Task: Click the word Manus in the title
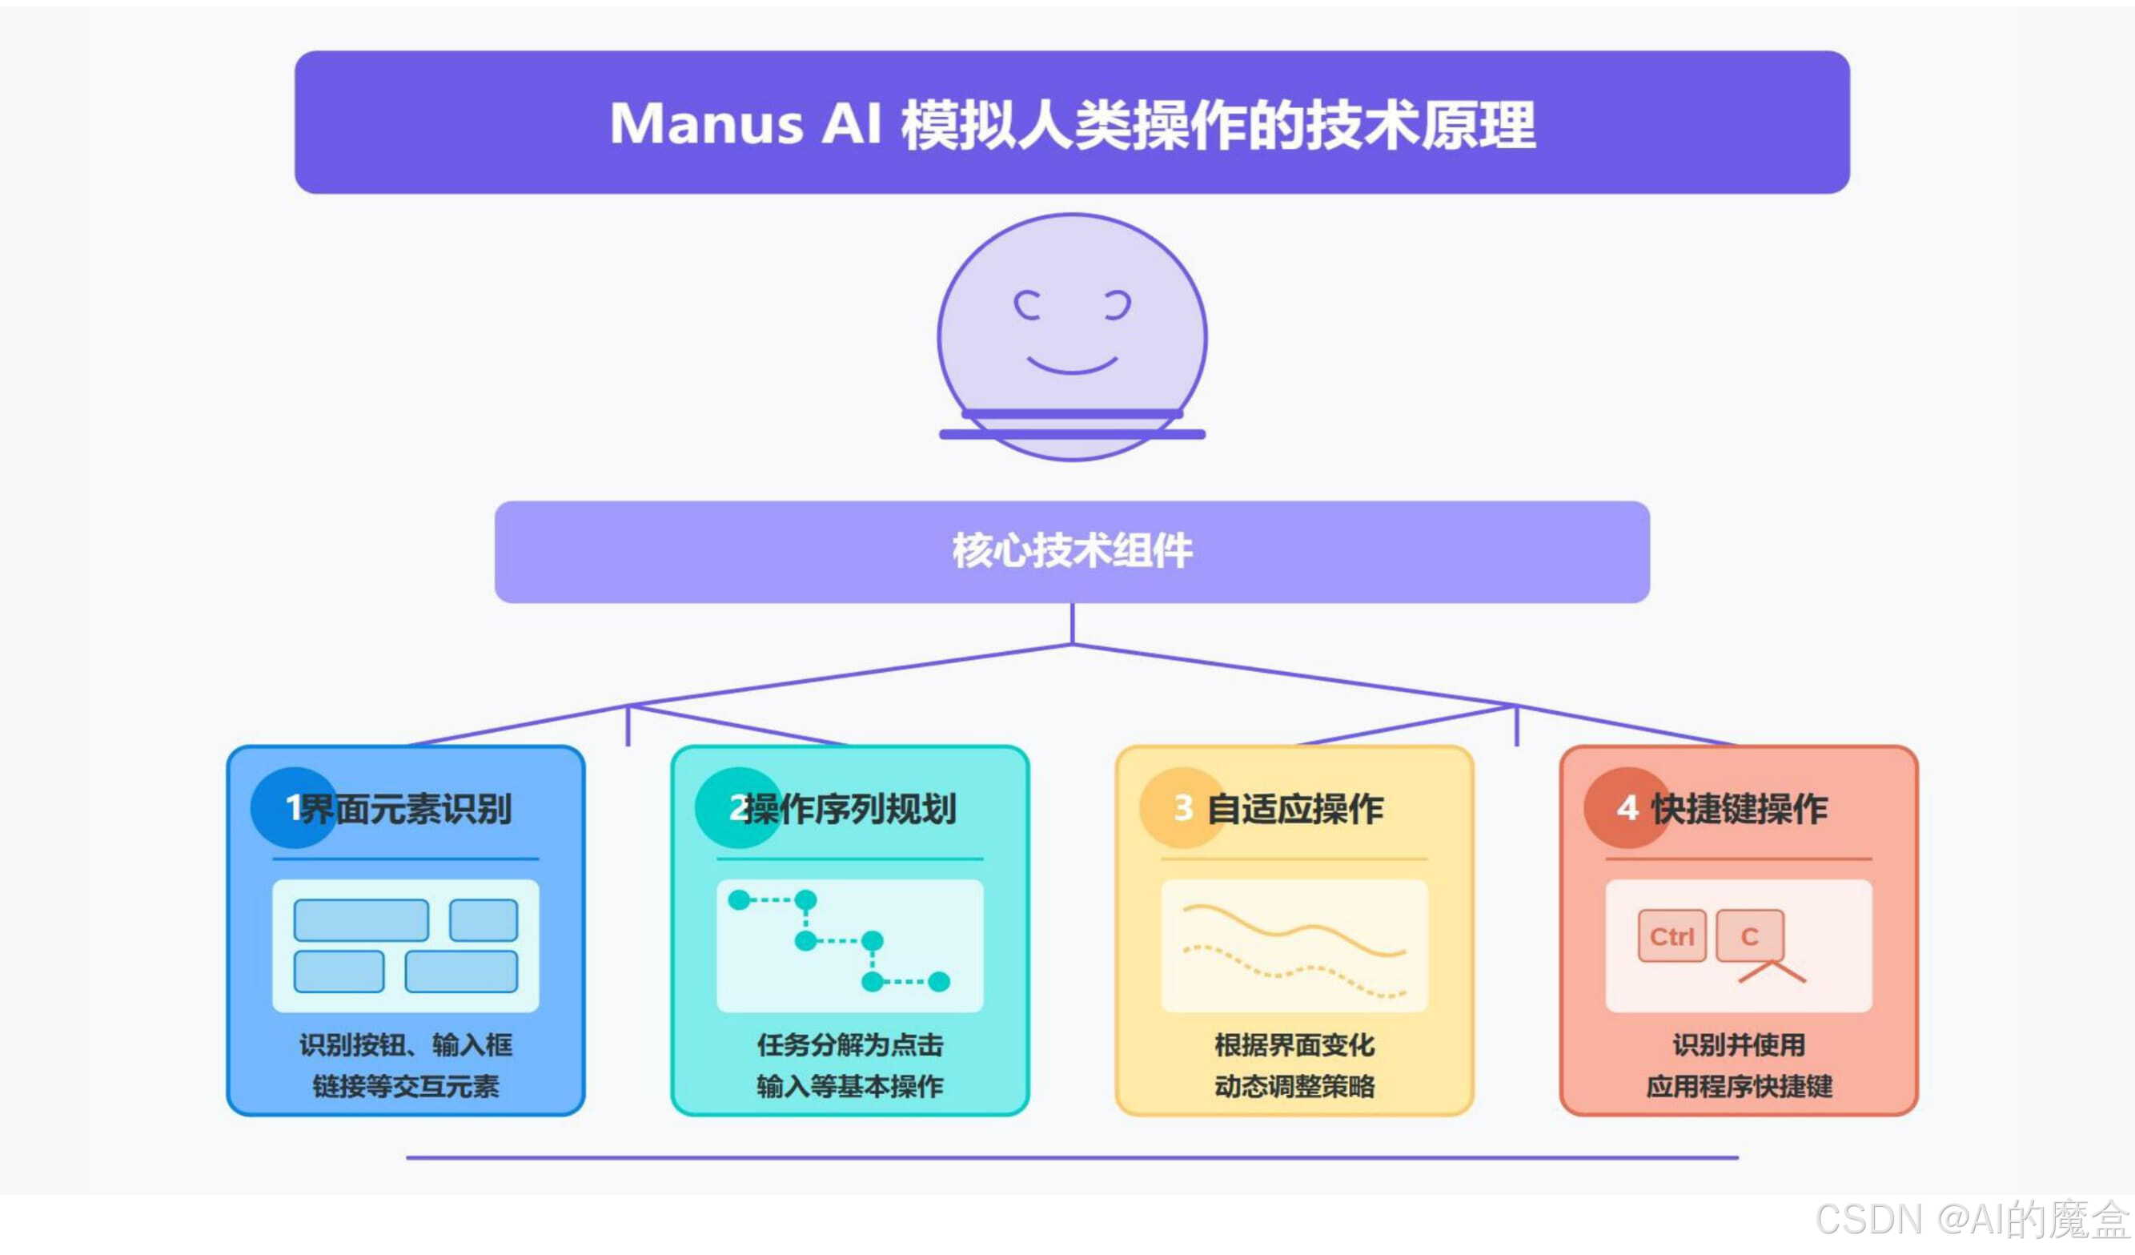tap(706, 125)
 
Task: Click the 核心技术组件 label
tap(1072, 551)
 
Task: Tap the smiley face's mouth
tap(1072, 366)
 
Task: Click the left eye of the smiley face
tap(1027, 305)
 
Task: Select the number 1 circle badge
tap(292, 807)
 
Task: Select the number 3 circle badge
tap(1182, 807)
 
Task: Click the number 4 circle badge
tap(1626, 807)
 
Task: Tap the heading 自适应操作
tap(1294, 808)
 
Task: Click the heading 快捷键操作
tap(1740, 808)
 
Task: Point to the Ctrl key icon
tap(1671, 936)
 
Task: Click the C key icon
tap(1749, 936)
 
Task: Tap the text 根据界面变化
tap(1294, 1045)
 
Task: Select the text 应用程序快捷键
tap(1739, 1086)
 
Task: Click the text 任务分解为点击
tap(850, 1045)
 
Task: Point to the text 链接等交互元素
tap(406, 1086)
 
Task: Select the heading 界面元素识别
tap(407, 808)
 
